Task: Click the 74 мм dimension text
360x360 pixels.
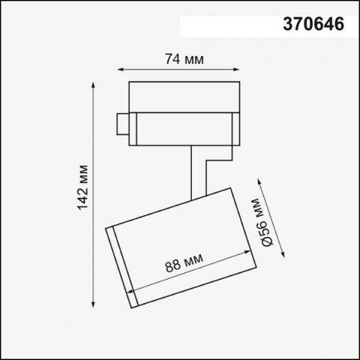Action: [184, 60]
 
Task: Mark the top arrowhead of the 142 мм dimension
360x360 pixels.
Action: [94, 84]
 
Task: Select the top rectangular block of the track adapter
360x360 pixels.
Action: [184, 96]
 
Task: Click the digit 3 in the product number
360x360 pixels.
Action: [288, 25]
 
